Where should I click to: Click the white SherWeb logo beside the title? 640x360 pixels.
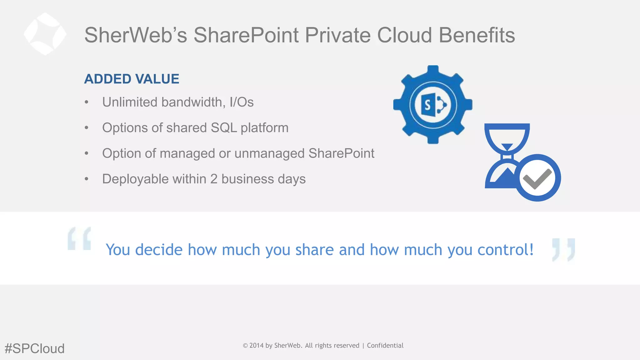pos(45,34)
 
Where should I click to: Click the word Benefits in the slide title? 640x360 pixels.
pos(477,35)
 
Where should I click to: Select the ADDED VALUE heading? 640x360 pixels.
pos(132,79)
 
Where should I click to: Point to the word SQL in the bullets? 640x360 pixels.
pos(223,128)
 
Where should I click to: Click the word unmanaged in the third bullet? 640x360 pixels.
pos(269,153)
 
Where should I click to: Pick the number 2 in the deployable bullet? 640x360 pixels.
pos(214,179)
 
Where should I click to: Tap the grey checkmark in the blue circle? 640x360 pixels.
pos(537,178)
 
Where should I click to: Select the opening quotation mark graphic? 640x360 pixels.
pos(79,239)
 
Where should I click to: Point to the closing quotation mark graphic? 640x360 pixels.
pos(563,249)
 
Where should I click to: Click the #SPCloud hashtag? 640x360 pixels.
pos(35,348)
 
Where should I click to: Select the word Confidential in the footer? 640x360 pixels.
pos(385,345)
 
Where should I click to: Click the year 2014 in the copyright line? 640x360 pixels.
pos(256,345)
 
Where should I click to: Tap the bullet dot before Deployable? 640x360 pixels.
pos(87,179)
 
